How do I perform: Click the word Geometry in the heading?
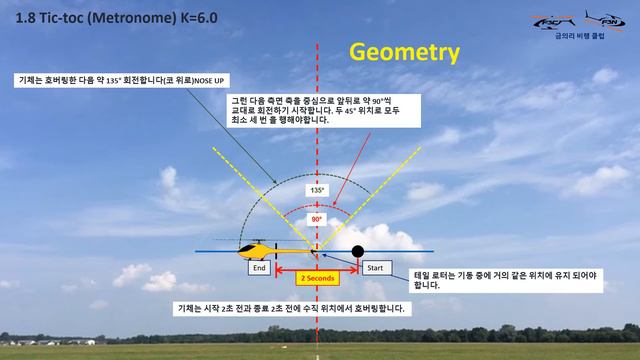pyautogui.click(x=403, y=52)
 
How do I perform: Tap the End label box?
pyautogui.click(x=259, y=268)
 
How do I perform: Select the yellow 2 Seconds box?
pyautogui.click(x=317, y=278)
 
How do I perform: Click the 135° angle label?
pyautogui.click(x=316, y=189)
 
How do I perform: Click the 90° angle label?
pyautogui.click(x=316, y=218)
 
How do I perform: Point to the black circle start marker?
pyautogui.click(x=358, y=250)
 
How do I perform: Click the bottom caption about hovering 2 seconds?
pyautogui.click(x=290, y=308)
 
